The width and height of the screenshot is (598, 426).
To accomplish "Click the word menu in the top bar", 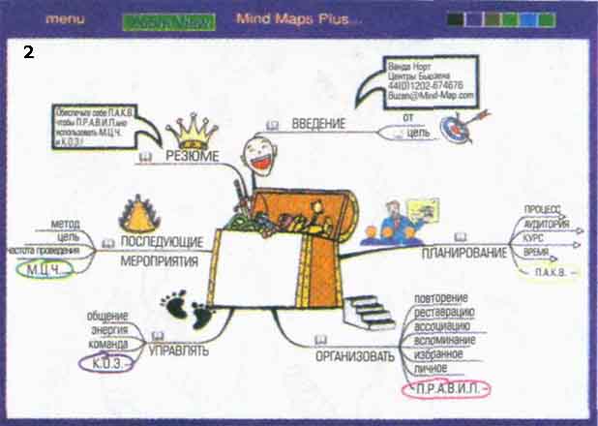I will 66,18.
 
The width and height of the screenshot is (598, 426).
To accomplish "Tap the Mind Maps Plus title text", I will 285,18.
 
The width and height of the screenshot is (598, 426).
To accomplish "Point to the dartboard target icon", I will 454,125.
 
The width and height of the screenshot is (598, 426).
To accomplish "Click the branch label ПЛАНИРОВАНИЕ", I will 464,253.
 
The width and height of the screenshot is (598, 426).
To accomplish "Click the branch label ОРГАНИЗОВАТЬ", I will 355,356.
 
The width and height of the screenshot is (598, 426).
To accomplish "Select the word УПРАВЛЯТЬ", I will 179,350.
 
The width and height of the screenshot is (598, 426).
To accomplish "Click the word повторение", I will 442,296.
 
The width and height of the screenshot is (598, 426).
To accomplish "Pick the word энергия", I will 111,330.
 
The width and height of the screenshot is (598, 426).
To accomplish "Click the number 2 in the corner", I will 28,53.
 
